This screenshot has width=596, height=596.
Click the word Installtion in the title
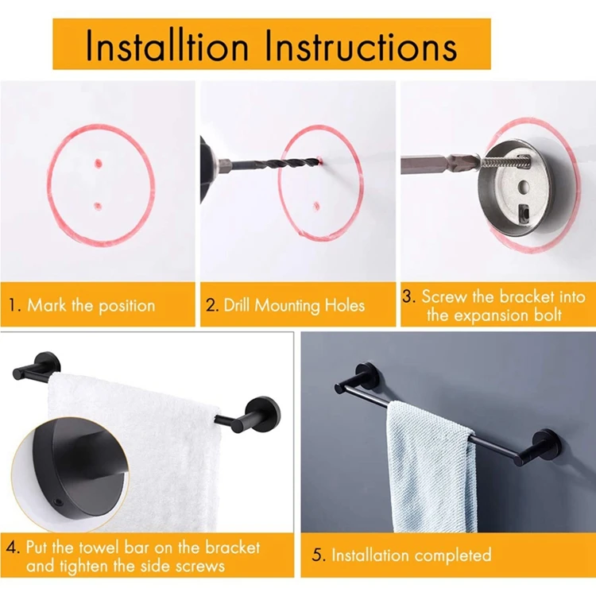(167, 45)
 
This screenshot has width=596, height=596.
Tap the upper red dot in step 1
(98, 164)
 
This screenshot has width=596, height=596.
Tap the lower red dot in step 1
(98, 207)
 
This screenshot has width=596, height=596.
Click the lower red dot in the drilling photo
(316, 207)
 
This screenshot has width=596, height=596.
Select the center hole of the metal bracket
(524, 187)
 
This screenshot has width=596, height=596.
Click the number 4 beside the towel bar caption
(13, 548)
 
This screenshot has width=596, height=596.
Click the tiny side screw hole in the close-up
(59, 502)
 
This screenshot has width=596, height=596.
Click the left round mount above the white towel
(48, 365)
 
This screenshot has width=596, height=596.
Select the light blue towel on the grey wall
(431, 466)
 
